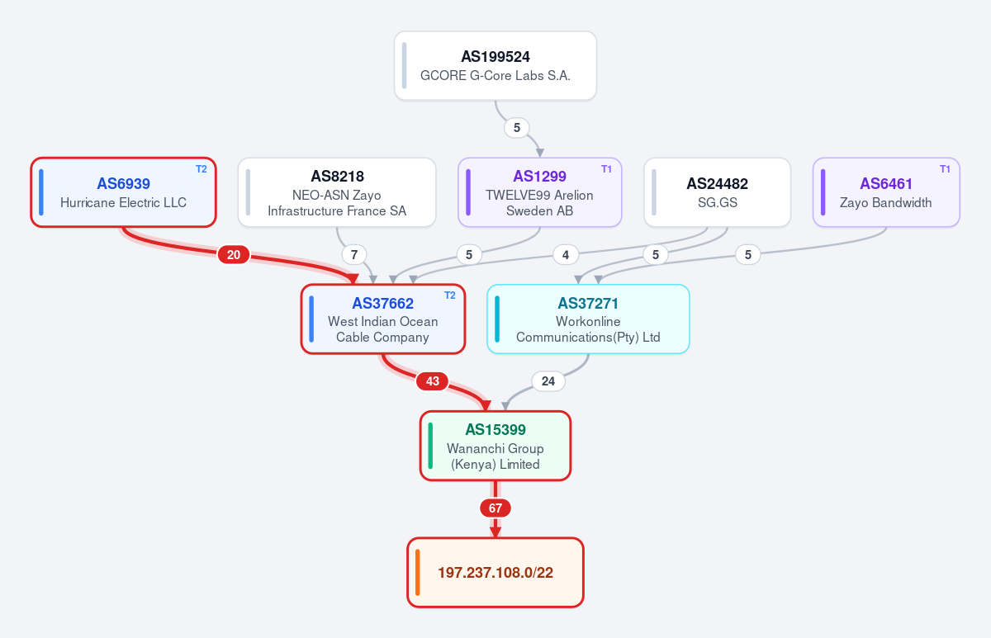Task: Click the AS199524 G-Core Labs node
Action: tap(495, 65)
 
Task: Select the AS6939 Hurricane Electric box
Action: tap(123, 192)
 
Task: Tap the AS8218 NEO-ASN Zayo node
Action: tap(337, 192)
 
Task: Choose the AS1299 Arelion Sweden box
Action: tap(540, 192)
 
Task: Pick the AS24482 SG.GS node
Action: tap(717, 192)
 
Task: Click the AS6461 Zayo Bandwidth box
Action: tap(886, 192)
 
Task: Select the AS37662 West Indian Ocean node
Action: tap(382, 319)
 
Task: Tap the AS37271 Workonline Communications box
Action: tap(588, 319)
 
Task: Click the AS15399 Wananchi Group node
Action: tap(495, 446)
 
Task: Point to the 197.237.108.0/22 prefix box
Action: tap(495, 573)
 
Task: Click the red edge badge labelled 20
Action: tap(234, 255)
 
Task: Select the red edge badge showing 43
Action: tap(432, 381)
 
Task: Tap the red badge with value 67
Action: tap(495, 508)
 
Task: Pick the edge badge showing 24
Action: tap(548, 381)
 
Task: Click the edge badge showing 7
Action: tap(354, 255)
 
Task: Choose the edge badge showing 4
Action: tap(566, 255)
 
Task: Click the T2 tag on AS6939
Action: tap(202, 169)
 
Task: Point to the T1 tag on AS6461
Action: tap(945, 169)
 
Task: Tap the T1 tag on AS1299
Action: tap(606, 169)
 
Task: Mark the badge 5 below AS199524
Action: tap(517, 128)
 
